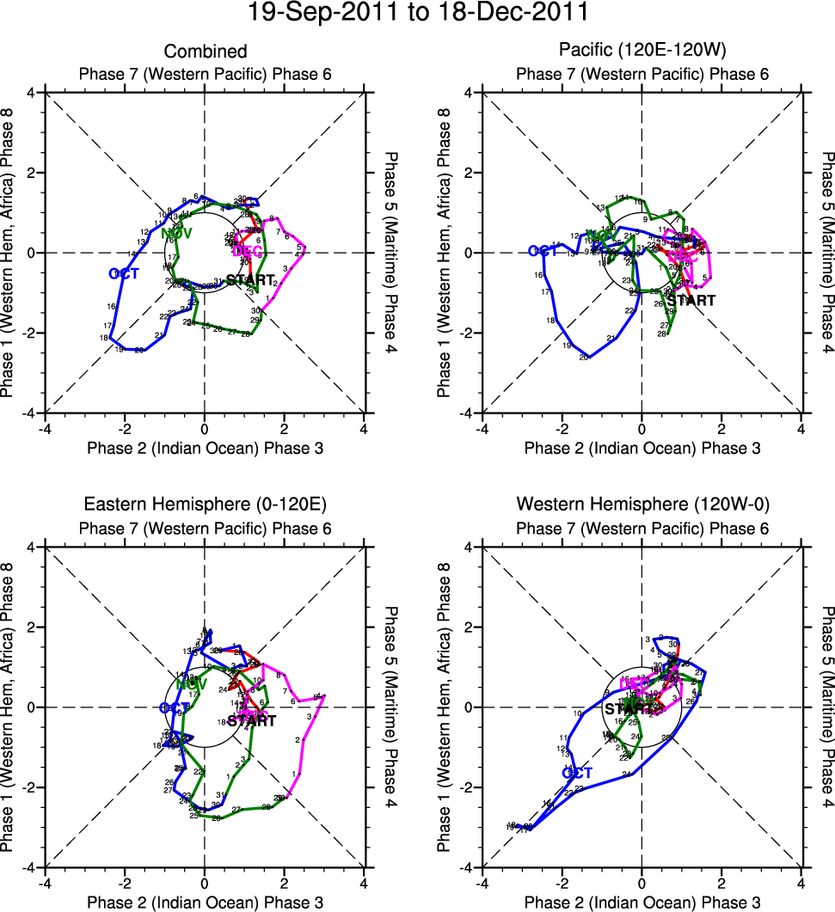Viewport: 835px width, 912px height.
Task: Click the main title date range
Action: point(418,13)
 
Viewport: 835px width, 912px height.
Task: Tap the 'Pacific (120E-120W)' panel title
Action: point(642,52)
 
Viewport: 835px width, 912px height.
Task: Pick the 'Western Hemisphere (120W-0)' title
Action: point(642,504)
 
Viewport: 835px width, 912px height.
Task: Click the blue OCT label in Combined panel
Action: point(124,273)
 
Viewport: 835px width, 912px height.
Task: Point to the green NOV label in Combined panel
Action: point(176,233)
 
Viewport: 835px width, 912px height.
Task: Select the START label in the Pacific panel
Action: point(691,301)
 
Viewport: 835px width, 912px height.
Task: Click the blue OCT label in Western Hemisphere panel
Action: point(577,773)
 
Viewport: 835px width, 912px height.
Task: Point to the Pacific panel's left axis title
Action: point(445,253)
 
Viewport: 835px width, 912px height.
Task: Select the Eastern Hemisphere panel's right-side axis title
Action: point(392,707)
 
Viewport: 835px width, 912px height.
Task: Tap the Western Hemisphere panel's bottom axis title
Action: point(642,902)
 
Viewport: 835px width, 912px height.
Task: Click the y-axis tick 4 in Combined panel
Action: point(30,92)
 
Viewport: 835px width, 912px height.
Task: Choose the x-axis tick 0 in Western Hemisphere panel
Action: point(642,882)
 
